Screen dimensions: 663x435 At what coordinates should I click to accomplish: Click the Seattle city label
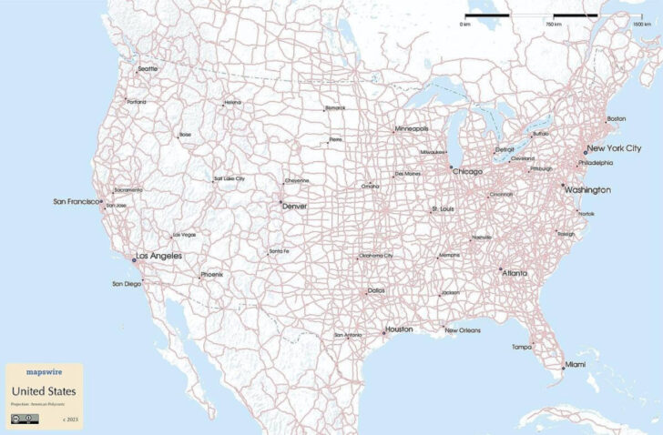[x=147, y=69]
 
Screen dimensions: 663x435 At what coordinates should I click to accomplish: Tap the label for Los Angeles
[x=159, y=256]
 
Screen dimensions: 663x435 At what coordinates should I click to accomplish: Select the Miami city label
[x=576, y=365]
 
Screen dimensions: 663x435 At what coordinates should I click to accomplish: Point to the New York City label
[x=614, y=148]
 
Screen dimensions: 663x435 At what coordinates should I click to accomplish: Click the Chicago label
[x=466, y=171]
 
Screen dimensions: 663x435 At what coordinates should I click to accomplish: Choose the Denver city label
[x=295, y=207]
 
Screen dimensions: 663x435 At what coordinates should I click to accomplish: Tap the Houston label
[x=399, y=329]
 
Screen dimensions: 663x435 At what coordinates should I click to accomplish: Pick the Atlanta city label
[x=515, y=271]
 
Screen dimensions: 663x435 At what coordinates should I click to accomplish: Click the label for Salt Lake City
[x=229, y=178]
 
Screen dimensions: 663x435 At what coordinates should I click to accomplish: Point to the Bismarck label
[x=335, y=107]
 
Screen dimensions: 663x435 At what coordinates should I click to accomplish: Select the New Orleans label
[x=463, y=330]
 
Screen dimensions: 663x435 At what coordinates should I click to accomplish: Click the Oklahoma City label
[x=375, y=256]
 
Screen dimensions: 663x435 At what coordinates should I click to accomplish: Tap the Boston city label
[x=617, y=118]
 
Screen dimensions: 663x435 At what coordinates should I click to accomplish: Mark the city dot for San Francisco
[x=101, y=201]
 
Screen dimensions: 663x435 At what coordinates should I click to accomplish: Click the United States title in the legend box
[x=43, y=391]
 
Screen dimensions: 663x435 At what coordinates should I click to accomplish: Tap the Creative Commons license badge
[x=23, y=419]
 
